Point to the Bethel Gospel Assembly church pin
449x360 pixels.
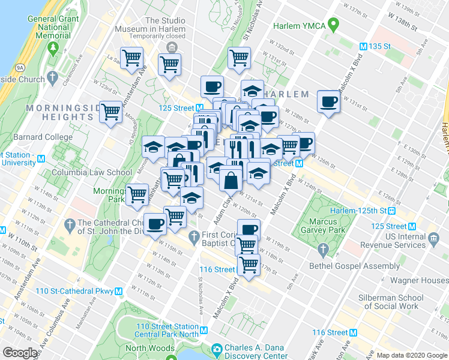tap(324, 249)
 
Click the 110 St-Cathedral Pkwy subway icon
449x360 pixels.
tap(119, 292)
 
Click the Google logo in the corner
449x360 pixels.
tap(20, 353)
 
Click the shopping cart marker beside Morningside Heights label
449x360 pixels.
tap(111, 112)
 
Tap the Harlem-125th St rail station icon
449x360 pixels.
tap(391, 211)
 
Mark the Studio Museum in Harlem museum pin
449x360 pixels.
tap(172, 47)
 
